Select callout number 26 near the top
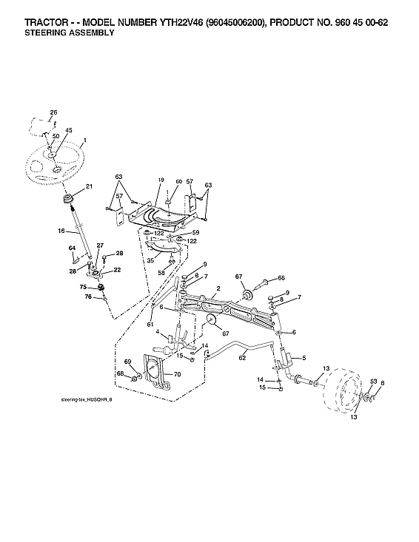pyautogui.click(x=53, y=112)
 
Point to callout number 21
pyautogui.click(x=90, y=186)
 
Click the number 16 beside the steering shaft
pyautogui.click(x=62, y=231)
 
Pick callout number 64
pyautogui.click(x=73, y=248)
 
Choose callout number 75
pyautogui.click(x=84, y=286)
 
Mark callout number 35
pyautogui.click(x=150, y=260)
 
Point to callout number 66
pyautogui.click(x=281, y=278)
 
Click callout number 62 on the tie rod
pyautogui.click(x=241, y=358)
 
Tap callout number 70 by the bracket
pyautogui.click(x=176, y=375)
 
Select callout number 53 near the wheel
pyautogui.click(x=373, y=382)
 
